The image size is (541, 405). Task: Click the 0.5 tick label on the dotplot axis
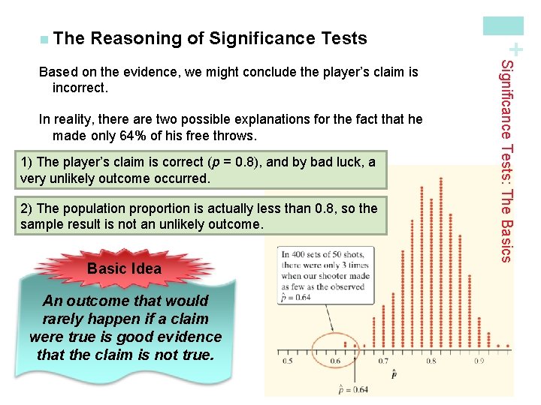[x=288, y=361]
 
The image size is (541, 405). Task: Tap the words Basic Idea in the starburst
[x=124, y=268]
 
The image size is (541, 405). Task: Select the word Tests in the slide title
[x=343, y=38]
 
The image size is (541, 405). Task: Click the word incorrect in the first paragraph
[x=80, y=88]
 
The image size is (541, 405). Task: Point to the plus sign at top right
[x=515, y=49]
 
